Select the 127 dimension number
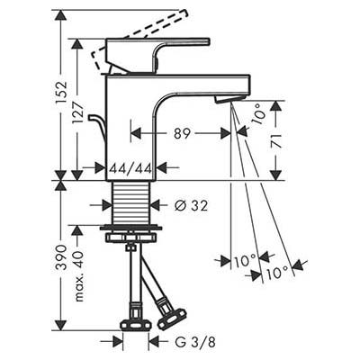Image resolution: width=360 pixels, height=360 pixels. [77, 113]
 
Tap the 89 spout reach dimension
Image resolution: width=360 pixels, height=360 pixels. [182, 133]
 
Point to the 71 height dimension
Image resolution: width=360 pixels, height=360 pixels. [275, 140]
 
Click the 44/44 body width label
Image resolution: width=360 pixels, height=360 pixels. [130, 169]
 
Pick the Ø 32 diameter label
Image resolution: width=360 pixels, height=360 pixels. [191, 206]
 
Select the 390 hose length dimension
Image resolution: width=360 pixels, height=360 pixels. [61, 257]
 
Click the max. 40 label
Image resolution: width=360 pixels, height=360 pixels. [78, 276]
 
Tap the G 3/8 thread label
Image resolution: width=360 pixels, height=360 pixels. [195, 342]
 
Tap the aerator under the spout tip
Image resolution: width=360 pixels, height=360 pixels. [229, 99]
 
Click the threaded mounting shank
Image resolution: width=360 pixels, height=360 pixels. [130, 203]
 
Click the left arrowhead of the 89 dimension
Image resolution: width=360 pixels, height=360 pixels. [136, 133]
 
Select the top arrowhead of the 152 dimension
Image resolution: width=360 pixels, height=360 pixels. [61, 15]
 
